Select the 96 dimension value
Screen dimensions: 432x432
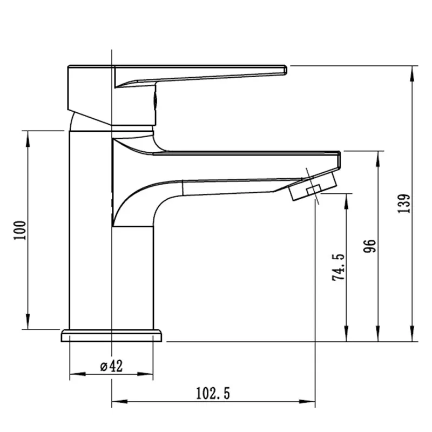(x=370, y=246)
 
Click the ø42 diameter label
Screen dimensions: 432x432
(x=111, y=366)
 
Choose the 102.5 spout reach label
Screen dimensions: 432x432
(x=213, y=394)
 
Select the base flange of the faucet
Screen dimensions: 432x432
(x=111, y=336)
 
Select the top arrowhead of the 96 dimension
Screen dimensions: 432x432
(x=379, y=156)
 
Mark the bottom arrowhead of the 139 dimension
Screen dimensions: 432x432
(x=413, y=337)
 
